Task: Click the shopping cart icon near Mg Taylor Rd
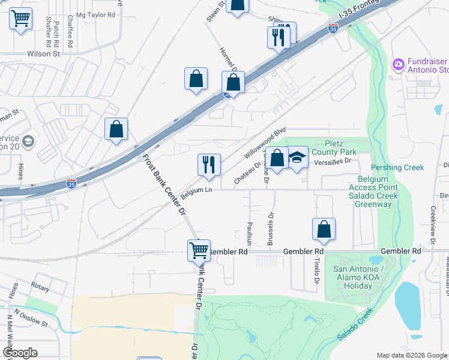(x=21, y=19)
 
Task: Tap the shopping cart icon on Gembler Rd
(x=199, y=249)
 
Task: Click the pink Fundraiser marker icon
(x=397, y=64)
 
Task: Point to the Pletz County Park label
(x=341, y=148)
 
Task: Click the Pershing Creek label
(x=397, y=167)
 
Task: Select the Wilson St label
(x=44, y=53)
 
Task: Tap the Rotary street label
(x=41, y=287)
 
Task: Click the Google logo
(x=20, y=353)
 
